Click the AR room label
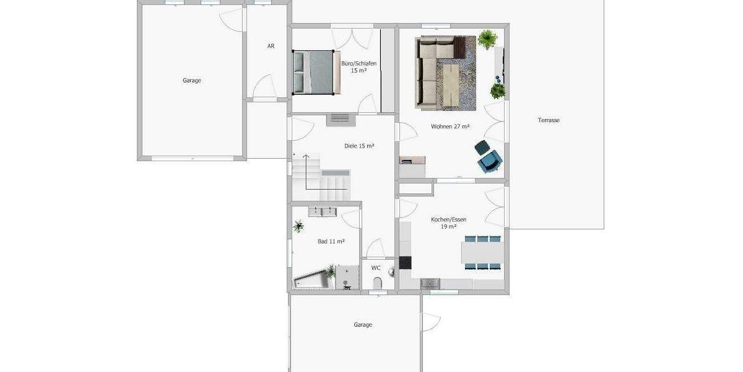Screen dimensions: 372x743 (x=271, y=46)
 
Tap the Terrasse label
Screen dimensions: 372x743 (x=549, y=120)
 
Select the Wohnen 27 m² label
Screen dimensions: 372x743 (x=450, y=127)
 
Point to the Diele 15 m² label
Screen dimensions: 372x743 (x=359, y=146)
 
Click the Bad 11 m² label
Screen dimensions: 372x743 (x=331, y=241)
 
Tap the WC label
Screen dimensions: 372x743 (x=376, y=268)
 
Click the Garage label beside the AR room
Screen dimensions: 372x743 (x=192, y=81)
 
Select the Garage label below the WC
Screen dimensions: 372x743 (x=363, y=325)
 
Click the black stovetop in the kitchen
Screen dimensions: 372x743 (x=405, y=262)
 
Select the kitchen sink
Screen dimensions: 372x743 (x=430, y=284)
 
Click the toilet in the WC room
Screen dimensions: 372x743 (x=377, y=283)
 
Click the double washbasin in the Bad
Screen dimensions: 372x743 (x=323, y=211)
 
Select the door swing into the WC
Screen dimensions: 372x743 (x=375, y=250)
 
